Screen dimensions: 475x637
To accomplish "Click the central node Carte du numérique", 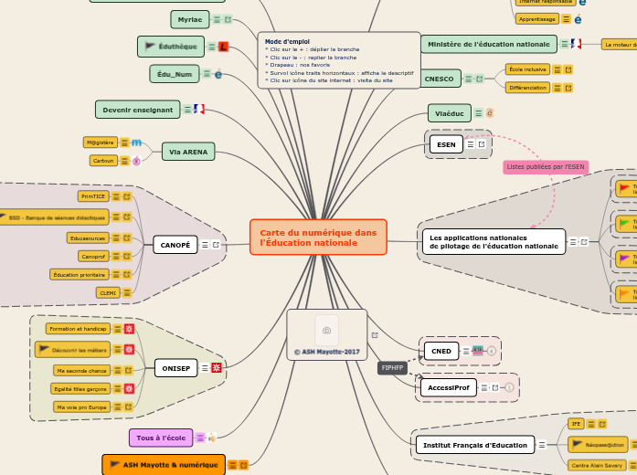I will pyautogui.click(x=318, y=237).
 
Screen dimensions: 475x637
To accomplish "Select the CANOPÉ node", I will pyautogui.click(x=175, y=245).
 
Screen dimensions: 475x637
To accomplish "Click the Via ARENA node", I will pyautogui.click(x=188, y=152).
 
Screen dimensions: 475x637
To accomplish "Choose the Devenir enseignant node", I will pyautogui.click(x=138, y=110).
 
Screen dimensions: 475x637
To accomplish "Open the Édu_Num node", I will pyautogui.click(x=175, y=74).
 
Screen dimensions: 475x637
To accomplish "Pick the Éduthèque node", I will pyautogui.click(x=171, y=46).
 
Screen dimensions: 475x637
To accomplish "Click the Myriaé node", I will pyautogui.click(x=190, y=19).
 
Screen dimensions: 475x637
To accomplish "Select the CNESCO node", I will pyautogui.click(x=439, y=79).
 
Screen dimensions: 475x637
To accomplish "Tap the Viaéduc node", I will pyautogui.click(x=450, y=113).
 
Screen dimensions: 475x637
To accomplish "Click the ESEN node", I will pyautogui.click(x=446, y=144).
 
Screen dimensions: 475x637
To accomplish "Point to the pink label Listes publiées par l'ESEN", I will pyautogui.click(x=546, y=167).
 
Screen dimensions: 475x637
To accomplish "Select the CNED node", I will pyautogui.click(x=441, y=351).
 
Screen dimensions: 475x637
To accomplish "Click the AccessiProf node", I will pyautogui.click(x=448, y=387).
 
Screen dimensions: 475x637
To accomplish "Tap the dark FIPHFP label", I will pyautogui.click(x=393, y=368).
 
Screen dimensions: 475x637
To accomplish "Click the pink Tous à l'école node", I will pyautogui.click(x=160, y=438).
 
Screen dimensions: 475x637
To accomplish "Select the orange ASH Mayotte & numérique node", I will pyautogui.click(x=164, y=465).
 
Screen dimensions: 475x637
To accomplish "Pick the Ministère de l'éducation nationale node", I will pyautogui.click(x=489, y=44).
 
